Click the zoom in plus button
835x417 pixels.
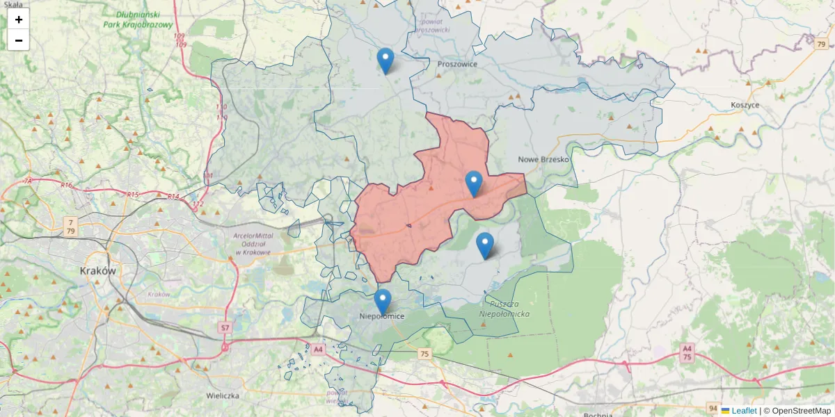(19, 19)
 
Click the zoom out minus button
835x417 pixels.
(19, 40)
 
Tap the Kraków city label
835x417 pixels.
(98, 271)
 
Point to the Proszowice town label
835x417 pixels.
(458, 64)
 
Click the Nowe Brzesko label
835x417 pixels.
(544, 159)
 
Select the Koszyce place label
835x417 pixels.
(745, 105)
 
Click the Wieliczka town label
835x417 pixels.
(223, 395)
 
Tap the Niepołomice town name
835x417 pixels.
(382, 317)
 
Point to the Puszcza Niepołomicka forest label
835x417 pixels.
(505, 309)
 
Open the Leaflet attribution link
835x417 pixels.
(744, 411)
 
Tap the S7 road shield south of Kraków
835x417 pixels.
(225, 327)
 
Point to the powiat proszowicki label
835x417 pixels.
(436, 25)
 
